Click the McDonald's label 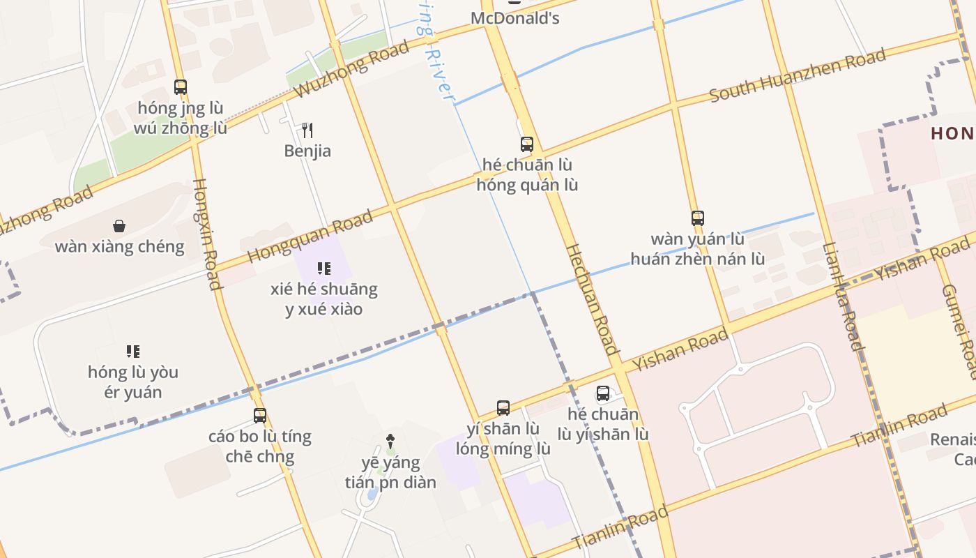tap(515, 18)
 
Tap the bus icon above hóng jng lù tap(181, 87)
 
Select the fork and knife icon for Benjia tap(307, 130)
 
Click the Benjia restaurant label tap(307, 151)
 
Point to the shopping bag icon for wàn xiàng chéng tap(119, 226)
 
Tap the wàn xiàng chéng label tap(119, 246)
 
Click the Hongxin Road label tap(207, 234)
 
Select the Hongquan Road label tap(310, 236)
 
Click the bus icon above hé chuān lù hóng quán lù tap(527, 144)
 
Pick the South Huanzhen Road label tap(798, 75)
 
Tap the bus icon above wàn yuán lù tap(697, 218)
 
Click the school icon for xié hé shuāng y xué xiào tap(323, 268)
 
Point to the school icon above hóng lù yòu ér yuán tap(133, 351)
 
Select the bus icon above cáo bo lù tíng tap(260, 416)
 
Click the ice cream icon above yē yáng tap(390, 441)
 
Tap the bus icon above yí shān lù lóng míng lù tap(503, 408)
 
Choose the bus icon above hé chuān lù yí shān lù tap(603, 393)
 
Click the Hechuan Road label tap(591, 299)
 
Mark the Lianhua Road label tap(844, 296)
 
